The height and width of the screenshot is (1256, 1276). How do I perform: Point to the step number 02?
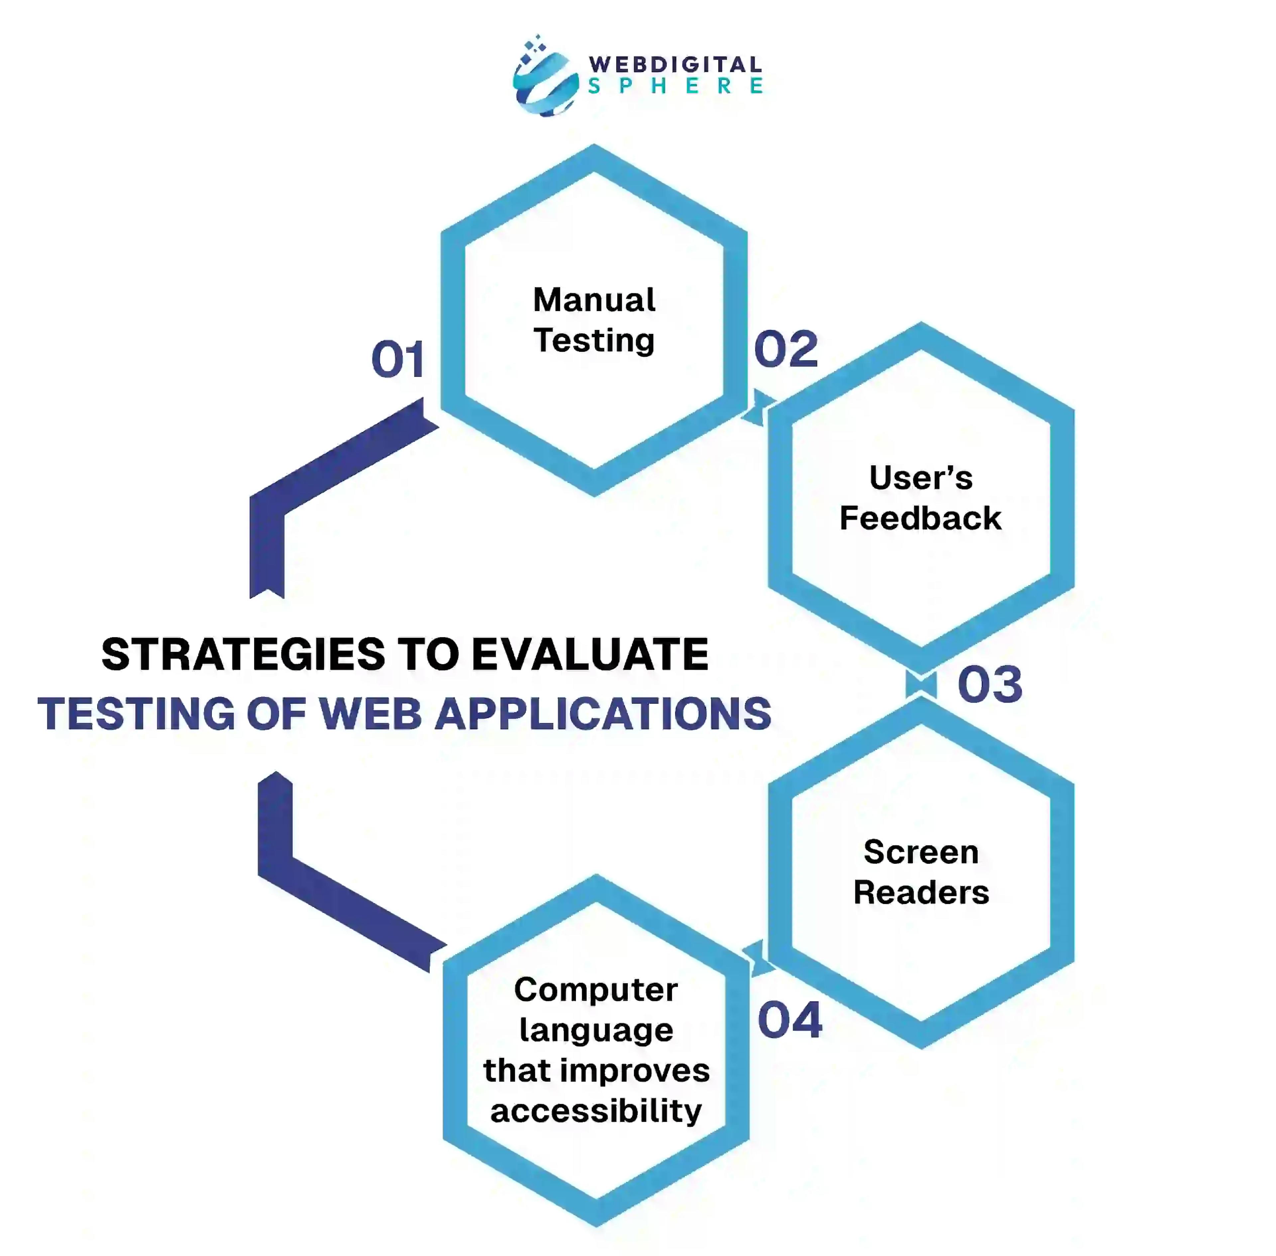(786, 350)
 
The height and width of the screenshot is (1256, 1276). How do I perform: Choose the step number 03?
(989, 685)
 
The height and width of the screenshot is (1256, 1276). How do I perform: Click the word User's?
(920, 478)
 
